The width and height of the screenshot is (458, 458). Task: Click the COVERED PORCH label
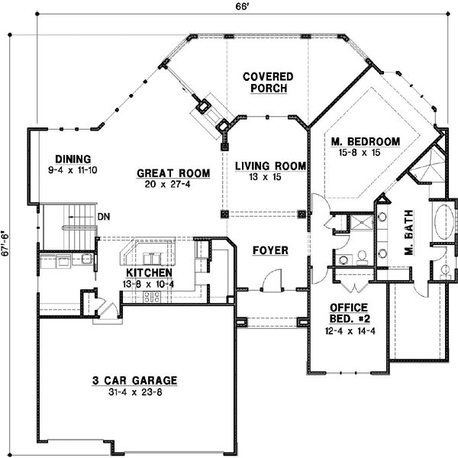click(x=265, y=82)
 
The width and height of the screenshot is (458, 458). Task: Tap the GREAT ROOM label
click(x=167, y=173)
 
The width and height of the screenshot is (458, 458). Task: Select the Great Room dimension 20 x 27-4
click(x=167, y=184)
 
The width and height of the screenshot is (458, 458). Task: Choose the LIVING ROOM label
click(x=270, y=166)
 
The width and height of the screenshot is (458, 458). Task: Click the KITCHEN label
click(x=149, y=273)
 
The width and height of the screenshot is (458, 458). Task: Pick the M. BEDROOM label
click(x=366, y=141)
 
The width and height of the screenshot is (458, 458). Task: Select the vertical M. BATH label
click(x=408, y=233)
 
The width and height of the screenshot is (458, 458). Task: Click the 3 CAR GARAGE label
click(x=134, y=380)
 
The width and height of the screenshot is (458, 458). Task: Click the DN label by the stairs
click(x=103, y=217)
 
